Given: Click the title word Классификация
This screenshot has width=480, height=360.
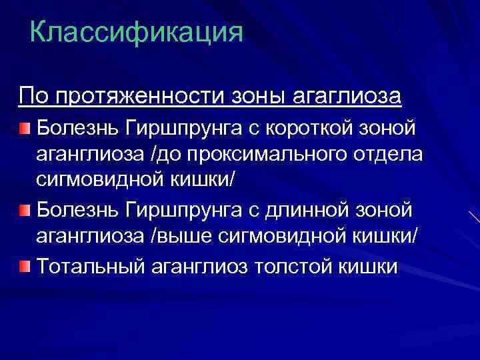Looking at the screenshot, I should click(137, 31).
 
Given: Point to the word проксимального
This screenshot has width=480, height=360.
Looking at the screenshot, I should click(261, 154).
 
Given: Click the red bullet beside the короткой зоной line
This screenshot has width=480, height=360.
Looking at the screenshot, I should click(25, 127).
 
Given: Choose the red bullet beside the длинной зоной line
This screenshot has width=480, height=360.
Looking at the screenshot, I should click(25, 210).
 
